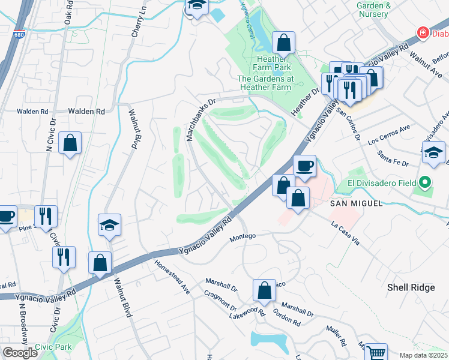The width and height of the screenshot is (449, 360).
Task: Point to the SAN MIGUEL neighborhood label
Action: (356, 204)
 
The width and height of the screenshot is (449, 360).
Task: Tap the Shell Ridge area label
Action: (411, 287)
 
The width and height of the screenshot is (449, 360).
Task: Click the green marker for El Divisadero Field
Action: (426, 181)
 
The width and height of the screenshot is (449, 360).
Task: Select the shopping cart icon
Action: (376, 353)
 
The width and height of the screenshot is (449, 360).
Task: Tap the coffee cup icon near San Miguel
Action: (304, 166)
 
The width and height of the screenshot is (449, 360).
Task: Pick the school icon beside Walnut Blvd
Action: (109, 226)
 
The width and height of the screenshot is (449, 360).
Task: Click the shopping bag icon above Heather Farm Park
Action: (283, 43)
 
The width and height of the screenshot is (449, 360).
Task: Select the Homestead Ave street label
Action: (172, 277)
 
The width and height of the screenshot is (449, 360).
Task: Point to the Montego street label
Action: (244, 236)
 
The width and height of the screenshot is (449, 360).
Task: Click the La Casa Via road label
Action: (345, 233)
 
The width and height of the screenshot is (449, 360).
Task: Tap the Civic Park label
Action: (53, 347)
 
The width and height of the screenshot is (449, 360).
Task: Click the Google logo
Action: (20, 353)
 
